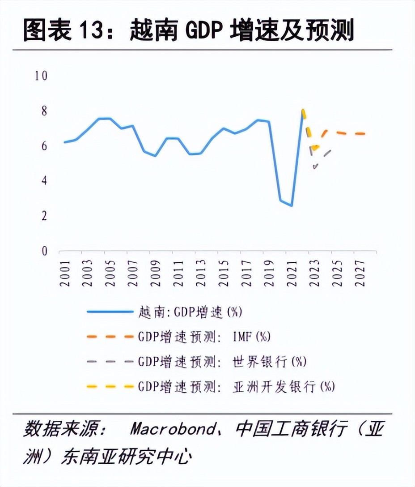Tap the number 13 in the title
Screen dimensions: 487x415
click(93, 32)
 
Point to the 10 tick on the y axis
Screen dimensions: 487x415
click(41, 76)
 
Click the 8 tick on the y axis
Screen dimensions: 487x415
click(44, 111)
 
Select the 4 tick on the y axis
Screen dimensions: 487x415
click(44, 181)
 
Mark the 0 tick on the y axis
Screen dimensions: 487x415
click(44, 251)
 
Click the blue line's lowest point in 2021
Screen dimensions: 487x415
click(292, 205)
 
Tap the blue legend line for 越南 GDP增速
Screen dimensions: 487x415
click(110, 312)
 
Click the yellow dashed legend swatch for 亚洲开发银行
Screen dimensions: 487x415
click(110, 386)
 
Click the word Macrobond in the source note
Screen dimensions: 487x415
click(172, 430)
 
